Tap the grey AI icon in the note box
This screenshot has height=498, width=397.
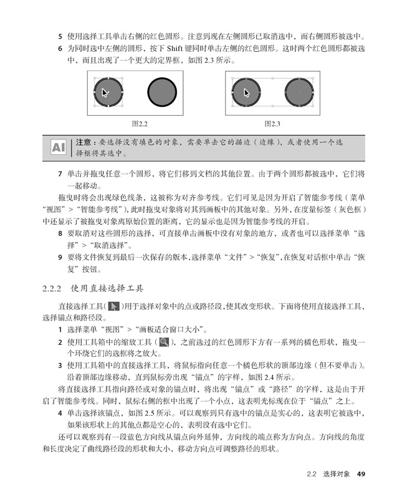[59, 148]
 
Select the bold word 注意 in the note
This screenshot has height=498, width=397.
[85, 143]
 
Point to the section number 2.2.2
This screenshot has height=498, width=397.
[52, 289]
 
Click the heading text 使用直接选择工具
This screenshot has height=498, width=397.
[107, 289]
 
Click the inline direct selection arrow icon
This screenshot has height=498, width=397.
[114, 306]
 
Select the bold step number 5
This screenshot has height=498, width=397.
[60, 36]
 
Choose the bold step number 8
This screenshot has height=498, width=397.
[60, 235]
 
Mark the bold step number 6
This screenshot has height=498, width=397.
[60, 48]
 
